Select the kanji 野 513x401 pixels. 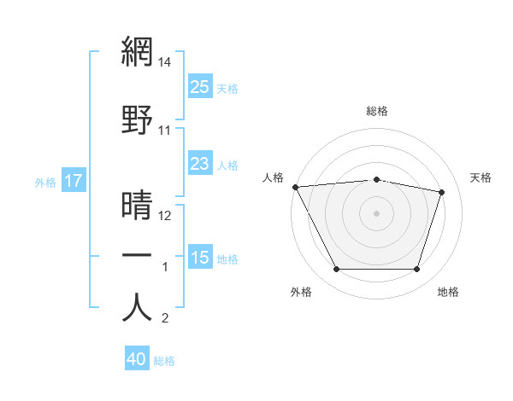point(137,120)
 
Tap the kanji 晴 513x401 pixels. point(137,206)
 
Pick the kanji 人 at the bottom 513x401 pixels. point(137,306)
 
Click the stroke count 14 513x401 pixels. point(165,61)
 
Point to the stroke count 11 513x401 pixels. point(165,131)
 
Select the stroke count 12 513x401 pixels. point(165,216)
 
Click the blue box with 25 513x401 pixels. point(199,87)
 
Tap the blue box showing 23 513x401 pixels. point(199,165)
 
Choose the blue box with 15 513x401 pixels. point(199,258)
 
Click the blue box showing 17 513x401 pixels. point(73,181)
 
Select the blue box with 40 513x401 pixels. point(137,359)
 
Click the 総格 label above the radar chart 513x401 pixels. point(377,111)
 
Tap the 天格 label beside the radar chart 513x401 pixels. point(481,177)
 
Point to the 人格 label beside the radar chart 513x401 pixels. point(274,177)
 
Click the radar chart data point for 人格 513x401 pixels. point(295,187)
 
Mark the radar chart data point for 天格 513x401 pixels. point(441,193)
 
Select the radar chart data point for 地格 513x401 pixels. point(416,270)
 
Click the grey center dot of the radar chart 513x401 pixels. point(377,213)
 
